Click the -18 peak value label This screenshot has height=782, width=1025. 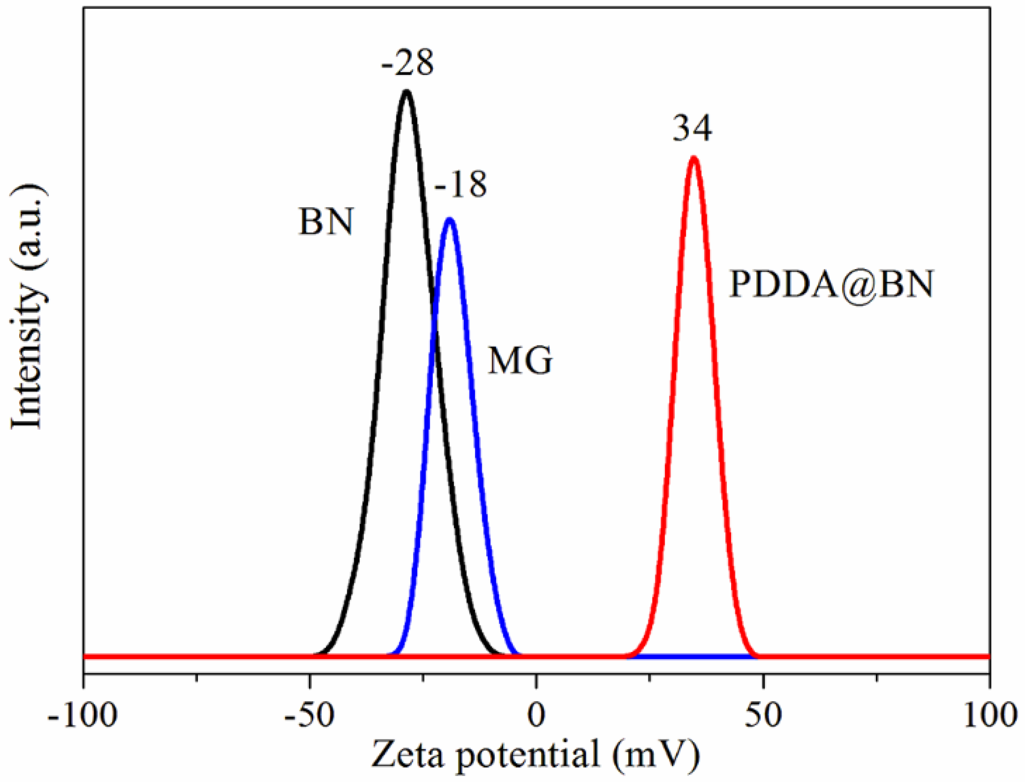click(460, 184)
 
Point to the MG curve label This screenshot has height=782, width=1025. click(520, 361)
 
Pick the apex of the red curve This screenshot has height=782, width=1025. click(694, 158)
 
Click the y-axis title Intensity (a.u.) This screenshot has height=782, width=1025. click(29, 307)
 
